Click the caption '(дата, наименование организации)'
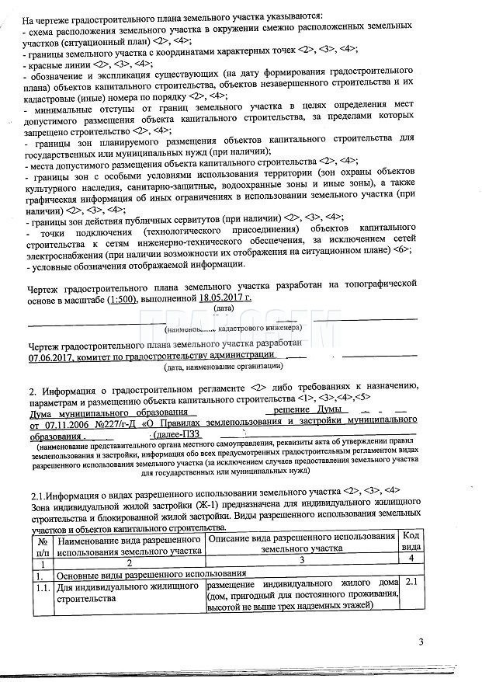[224, 366]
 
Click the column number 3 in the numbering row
[301, 562]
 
